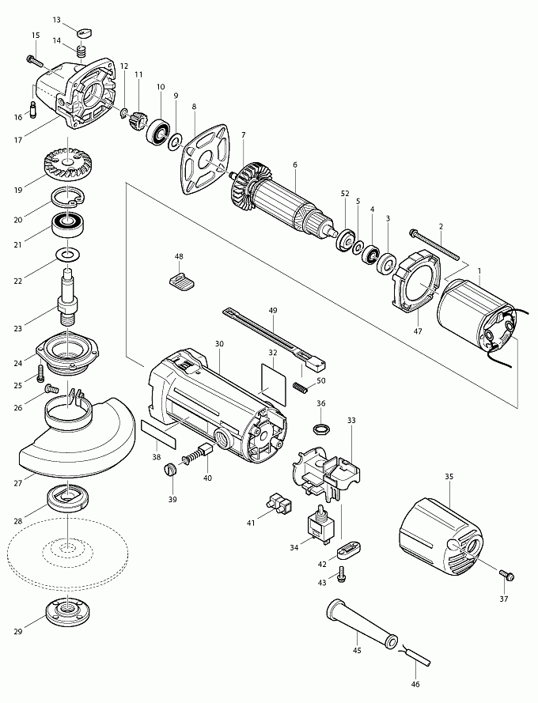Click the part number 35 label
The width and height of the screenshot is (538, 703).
[449, 477]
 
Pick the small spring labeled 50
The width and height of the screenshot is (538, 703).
[299, 387]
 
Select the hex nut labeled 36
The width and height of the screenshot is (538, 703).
[321, 429]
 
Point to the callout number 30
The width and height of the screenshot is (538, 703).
[219, 344]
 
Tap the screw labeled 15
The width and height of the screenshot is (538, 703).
[33, 59]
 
